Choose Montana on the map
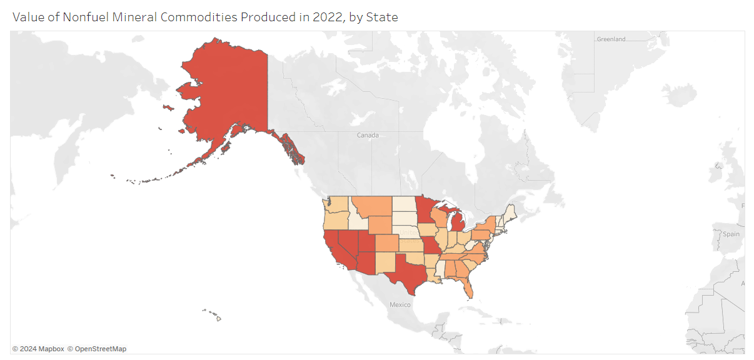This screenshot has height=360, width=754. [x=371, y=206]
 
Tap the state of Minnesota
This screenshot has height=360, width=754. [x=425, y=212]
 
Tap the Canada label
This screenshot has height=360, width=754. [x=368, y=135]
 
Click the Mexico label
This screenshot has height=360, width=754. [x=400, y=305]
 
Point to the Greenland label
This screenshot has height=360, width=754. [x=611, y=39]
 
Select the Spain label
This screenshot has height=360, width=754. [x=731, y=234]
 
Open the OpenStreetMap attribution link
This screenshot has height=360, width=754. [x=100, y=349]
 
